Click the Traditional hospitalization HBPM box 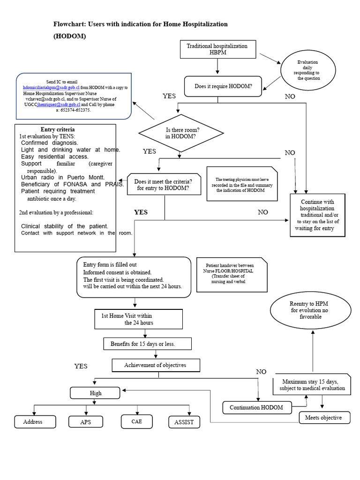[x=217, y=50]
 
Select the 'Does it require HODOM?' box [x=223, y=86]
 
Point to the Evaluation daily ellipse [x=308, y=70]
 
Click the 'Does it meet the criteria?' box [x=163, y=185]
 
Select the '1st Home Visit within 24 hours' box [x=138, y=319]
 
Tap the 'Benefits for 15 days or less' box [x=148, y=344]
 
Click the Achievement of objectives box [x=156, y=366]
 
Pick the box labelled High [x=96, y=393]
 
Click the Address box [x=33, y=422]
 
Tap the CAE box [x=136, y=421]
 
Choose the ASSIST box [x=184, y=422]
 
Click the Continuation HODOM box [x=256, y=408]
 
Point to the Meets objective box [x=324, y=418]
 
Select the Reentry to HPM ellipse [x=311, y=311]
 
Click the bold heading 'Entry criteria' [x=58, y=129]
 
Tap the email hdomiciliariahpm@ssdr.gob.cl [x=51, y=88]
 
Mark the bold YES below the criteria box [x=141, y=212]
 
